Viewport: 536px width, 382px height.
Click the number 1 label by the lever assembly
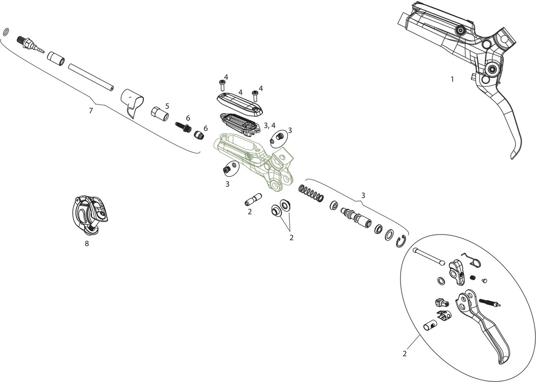click(452, 79)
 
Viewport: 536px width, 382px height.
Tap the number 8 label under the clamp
click(87, 244)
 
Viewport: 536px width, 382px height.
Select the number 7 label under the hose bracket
click(90, 111)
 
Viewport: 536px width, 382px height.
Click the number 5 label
click(167, 106)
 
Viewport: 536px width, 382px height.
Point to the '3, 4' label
click(270, 125)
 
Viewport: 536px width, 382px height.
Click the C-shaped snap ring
click(401, 241)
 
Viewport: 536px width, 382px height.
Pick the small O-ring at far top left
click(5, 32)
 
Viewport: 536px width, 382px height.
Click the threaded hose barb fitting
click(31, 44)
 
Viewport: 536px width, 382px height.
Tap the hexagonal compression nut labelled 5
click(159, 113)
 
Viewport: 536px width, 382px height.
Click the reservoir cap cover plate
click(240, 104)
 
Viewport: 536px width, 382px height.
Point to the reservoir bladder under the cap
click(240, 124)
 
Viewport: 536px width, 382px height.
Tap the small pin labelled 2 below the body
click(253, 199)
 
